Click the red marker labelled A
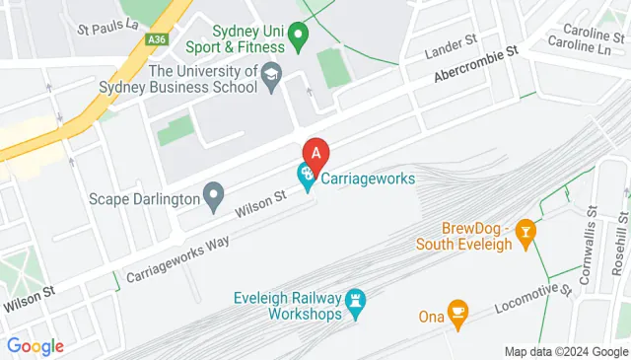[x=315, y=154]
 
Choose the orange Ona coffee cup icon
[x=456, y=313]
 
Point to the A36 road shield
[x=156, y=39]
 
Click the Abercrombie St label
[x=475, y=68]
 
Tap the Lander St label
[x=451, y=46]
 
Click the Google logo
[x=35, y=346]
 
